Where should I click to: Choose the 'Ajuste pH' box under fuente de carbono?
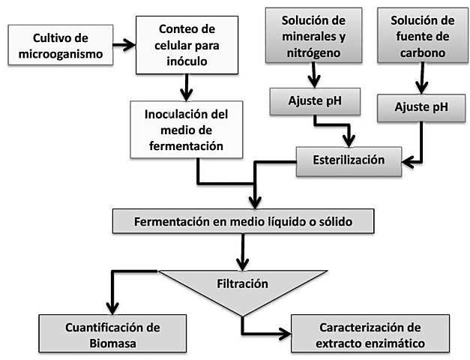pos(421,106)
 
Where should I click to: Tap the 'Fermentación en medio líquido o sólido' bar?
pos(242,222)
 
